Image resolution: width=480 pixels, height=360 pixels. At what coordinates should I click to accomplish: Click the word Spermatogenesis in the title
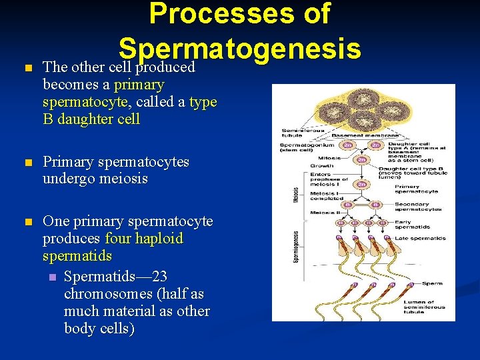click(x=240, y=49)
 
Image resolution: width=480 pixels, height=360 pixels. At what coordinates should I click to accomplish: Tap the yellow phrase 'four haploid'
click(x=144, y=239)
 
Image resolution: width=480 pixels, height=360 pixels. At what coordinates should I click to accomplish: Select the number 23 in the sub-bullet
click(x=159, y=277)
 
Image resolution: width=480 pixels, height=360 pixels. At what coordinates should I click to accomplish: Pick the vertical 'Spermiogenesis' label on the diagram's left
click(x=296, y=246)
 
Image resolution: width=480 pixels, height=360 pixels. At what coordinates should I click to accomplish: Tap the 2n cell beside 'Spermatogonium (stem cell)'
click(x=346, y=145)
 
